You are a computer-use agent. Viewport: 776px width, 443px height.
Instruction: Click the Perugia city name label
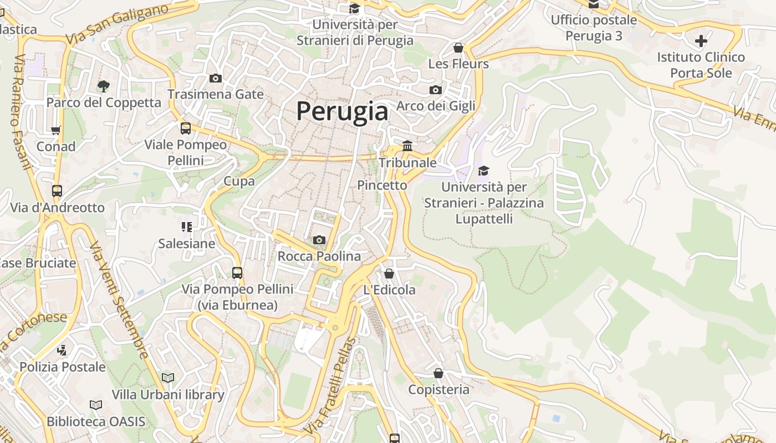click(x=342, y=111)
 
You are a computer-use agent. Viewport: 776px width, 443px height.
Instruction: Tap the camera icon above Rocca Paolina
click(x=319, y=240)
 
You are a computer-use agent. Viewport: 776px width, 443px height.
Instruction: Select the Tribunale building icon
click(x=407, y=146)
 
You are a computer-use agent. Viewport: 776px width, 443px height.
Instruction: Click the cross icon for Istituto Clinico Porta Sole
click(x=701, y=40)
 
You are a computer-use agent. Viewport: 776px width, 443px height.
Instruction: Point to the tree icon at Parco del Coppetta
click(x=103, y=86)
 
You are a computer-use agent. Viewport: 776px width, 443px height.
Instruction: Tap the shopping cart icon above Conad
click(x=55, y=131)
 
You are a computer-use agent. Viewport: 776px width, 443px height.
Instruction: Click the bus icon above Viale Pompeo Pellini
click(x=186, y=128)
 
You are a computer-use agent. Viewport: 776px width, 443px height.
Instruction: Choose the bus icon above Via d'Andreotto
click(x=57, y=191)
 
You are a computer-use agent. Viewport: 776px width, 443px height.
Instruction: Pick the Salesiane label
click(x=187, y=244)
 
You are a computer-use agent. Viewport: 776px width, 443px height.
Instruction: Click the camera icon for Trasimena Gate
click(x=216, y=78)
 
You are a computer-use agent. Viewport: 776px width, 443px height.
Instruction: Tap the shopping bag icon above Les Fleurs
click(x=458, y=48)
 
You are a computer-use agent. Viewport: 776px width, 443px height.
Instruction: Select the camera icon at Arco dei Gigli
click(x=436, y=90)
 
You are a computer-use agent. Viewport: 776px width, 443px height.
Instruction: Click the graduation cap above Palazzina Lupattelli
click(x=484, y=171)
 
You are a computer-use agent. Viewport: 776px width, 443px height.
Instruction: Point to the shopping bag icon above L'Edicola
click(x=389, y=274)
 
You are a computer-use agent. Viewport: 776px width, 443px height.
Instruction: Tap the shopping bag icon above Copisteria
click(x=438, y=373)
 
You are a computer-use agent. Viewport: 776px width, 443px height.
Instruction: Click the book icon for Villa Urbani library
click(x=168, y=378)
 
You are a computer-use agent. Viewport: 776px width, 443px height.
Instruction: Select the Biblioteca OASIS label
click(x=96, y=421)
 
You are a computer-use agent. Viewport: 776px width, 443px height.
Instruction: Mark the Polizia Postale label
click(x=63, y=367)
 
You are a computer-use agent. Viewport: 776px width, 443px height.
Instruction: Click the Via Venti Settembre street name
click(x=119, y=299)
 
